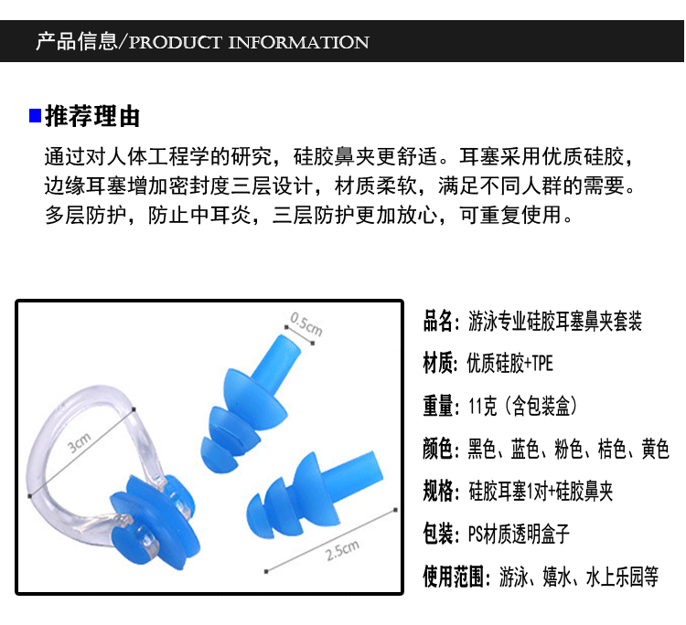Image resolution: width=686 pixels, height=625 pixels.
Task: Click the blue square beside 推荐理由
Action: (x=35, y=116)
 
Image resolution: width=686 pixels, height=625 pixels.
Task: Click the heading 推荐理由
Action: (x=92, y=116)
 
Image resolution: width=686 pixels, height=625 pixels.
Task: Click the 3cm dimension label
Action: (x=80, y=446)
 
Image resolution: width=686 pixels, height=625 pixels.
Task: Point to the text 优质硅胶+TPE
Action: (x=510, y=365)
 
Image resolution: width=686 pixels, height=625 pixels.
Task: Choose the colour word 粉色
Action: (x=572, y=449)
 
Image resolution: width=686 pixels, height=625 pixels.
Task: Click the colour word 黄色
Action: (x=654, y=449)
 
